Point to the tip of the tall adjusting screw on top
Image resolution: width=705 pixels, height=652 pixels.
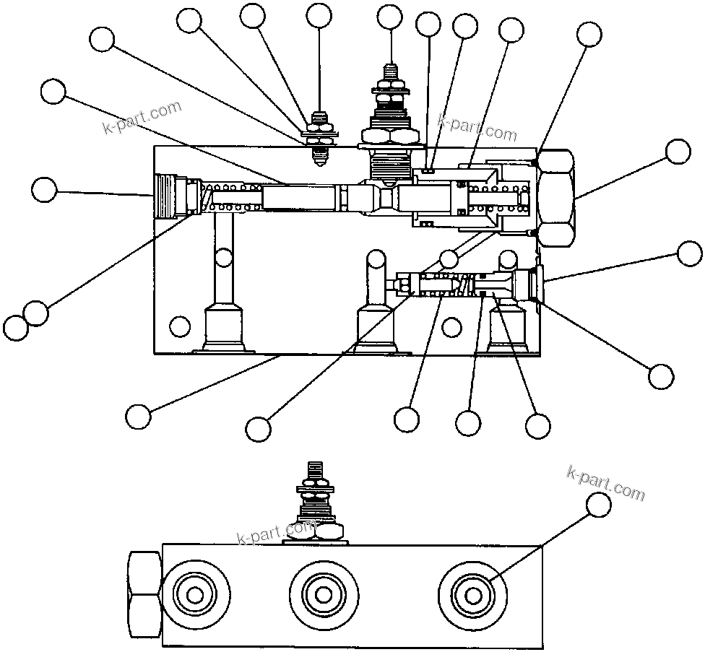coord(390,69)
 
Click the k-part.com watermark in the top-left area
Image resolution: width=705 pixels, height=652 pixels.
coord(142,119)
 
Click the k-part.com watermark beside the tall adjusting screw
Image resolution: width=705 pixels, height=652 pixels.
coord(477,129)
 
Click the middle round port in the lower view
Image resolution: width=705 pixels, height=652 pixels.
coord(322,594)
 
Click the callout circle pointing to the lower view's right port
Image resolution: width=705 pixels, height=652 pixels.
coord(598,506)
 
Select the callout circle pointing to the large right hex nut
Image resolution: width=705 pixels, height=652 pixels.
coord(678,152)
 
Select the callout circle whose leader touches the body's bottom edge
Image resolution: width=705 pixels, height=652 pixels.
coord(137,416)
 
